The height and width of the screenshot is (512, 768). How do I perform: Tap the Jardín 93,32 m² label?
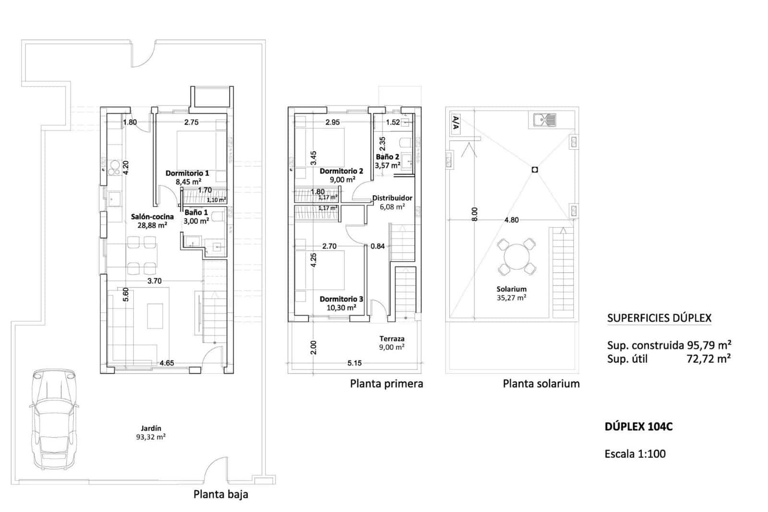pyautogui.click(x=151, y=433)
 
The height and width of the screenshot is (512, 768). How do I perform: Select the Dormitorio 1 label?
pyautogui.click(x=187, y=173)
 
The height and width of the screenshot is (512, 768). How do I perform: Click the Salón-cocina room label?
pyautogui.click(x=152, y=217)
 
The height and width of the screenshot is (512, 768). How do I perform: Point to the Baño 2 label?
pyautogui.click(x=387, y=157)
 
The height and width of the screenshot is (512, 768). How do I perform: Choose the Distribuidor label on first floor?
pyautogui.click(x=392, y=198)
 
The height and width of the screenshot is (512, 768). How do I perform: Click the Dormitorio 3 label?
pyautogui.click(x=341, y=299)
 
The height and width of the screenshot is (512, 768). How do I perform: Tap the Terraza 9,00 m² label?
pyautogui.click(x=392, y=342)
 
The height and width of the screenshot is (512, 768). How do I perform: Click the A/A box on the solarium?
pyautogui.click(x=456, y=124)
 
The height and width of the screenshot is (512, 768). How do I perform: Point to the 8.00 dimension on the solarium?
pyautogui.click(x=474, y=214)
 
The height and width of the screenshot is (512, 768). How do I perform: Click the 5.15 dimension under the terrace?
pyautogui.click(x=354, y=363)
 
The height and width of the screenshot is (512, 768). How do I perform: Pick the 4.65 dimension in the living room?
pyautogui.click(x=167, y=363)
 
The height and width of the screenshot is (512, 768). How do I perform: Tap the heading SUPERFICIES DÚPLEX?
pyautogui.click(x=659, y=318)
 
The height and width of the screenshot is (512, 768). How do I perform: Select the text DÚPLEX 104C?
pyautogui.click(x=638, y=427)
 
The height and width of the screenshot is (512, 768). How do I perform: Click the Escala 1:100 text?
pyautogui.click(x=635, y=454)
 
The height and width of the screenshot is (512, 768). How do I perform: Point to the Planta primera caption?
pyautogui.click(x=386, y=384)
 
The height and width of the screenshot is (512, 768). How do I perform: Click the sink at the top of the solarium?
pyautogui.click(x=544, y=119)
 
